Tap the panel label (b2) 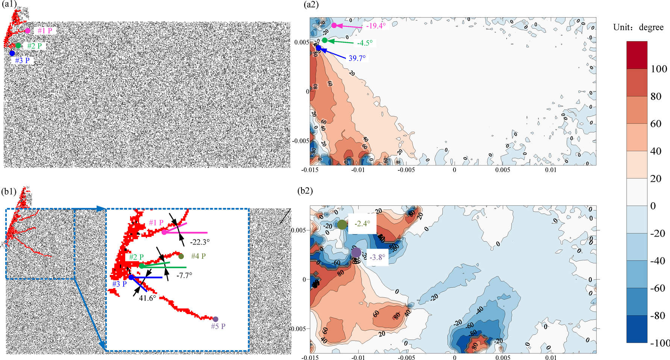point(305,191)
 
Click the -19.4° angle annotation point(376,26)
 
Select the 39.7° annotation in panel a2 point(357,58)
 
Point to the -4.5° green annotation point(365,43)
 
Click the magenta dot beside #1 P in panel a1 point(27,31)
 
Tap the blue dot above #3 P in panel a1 point(12,53)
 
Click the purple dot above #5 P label point(215,319)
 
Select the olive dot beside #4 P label point(181,257)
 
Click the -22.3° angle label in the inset point(200,242)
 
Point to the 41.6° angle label point(147,298)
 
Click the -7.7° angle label point(184,275)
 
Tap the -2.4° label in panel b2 point(362,224)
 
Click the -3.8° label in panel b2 point(377,257)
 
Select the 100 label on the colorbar point(658,69)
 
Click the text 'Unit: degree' point(638,27)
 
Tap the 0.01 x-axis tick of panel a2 point(550,170)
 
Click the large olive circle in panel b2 point(342,225)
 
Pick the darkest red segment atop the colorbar point(637,55)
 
